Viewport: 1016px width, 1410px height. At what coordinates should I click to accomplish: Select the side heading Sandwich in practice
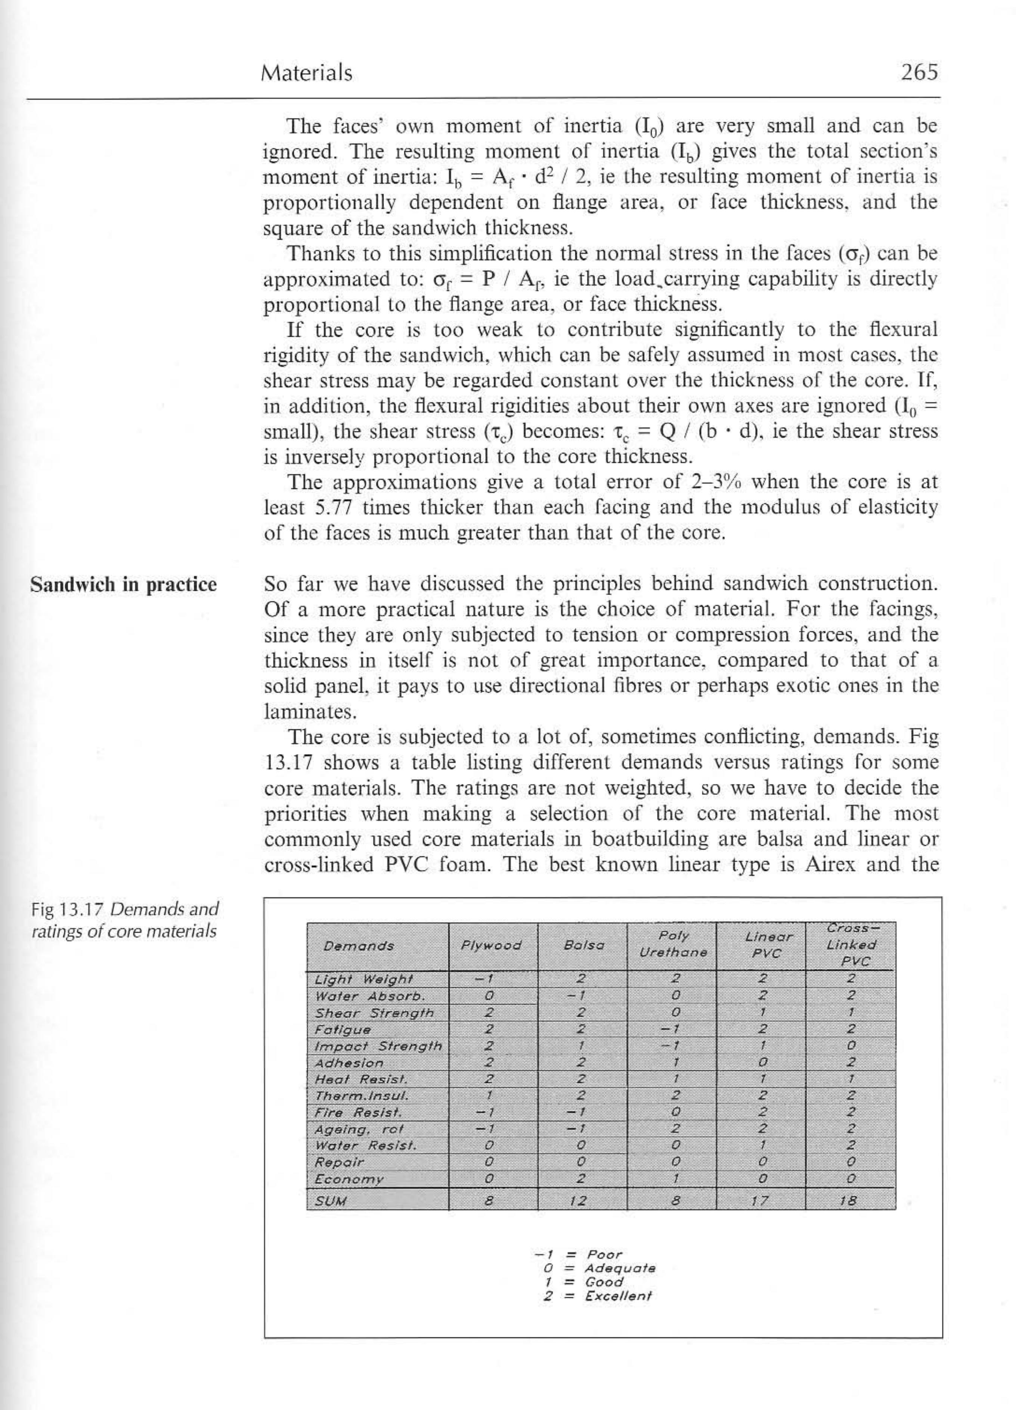124,585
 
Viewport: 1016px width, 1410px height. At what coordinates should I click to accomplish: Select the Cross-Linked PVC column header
851,945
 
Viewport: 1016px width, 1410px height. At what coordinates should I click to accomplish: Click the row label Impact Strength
378,1046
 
